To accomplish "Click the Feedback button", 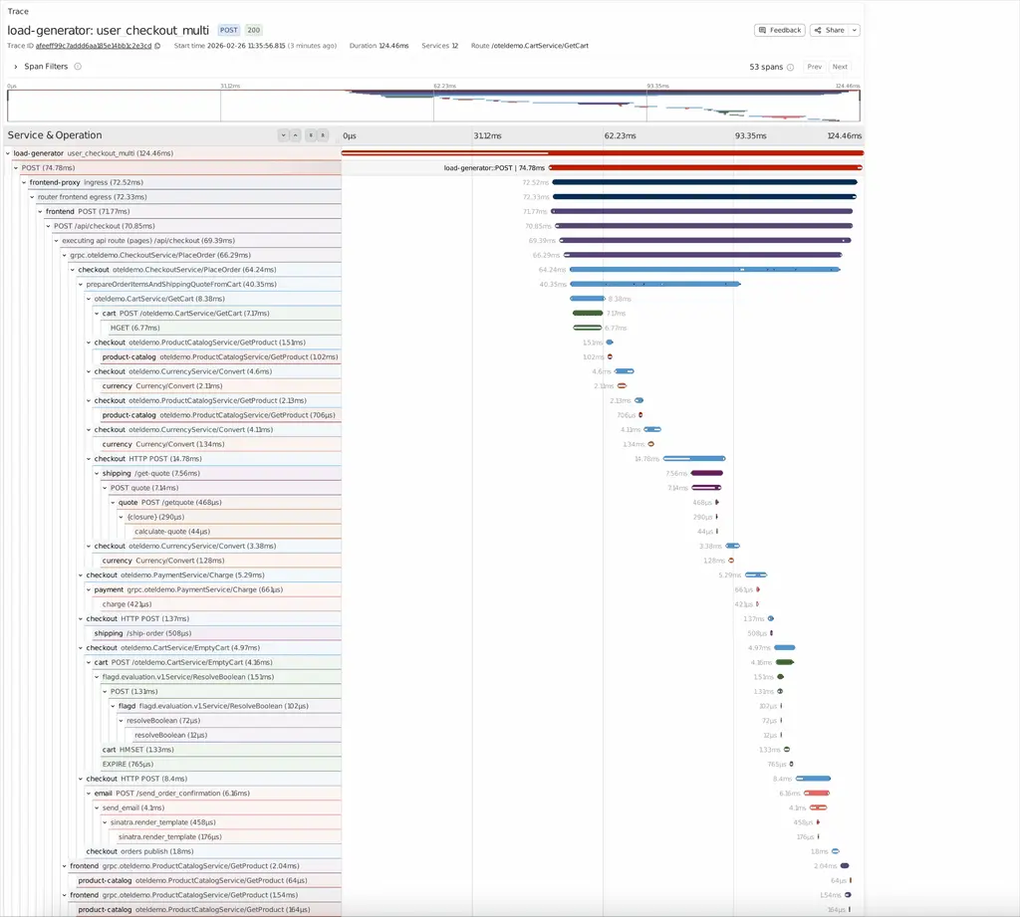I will point(780,30).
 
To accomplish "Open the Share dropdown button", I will point(835,30).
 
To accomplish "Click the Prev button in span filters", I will point(814,67).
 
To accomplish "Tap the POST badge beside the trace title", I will point(228,30).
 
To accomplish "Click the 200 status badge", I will point(254,30).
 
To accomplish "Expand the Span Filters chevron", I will point(15,67).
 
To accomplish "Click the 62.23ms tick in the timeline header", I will point(620,135).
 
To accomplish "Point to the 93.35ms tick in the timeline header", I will point(750,135).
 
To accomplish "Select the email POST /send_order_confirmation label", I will point(171,793).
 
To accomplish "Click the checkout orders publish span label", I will point(139,851).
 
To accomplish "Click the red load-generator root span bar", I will point(602,153).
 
